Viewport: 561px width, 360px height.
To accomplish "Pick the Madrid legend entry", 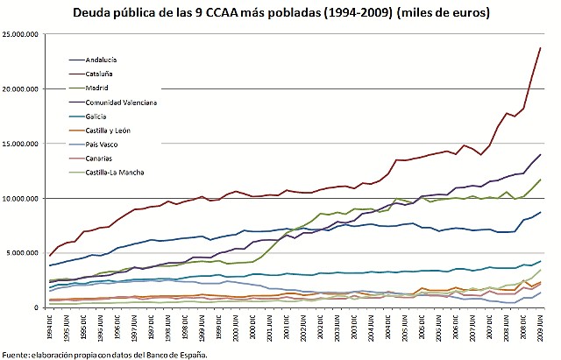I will (97, 88).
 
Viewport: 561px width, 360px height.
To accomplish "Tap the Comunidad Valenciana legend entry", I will (121, 102).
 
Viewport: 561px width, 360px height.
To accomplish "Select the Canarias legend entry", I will (100, 159).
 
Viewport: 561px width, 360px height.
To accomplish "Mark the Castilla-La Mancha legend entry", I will (117, 173).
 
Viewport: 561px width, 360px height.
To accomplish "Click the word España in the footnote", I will (191, 354).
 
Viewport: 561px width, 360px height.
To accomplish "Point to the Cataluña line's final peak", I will (540, 47).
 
